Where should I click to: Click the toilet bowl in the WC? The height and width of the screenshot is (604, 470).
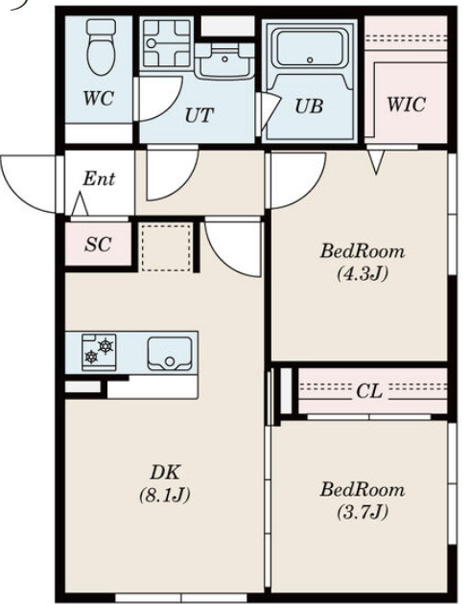[102, 47]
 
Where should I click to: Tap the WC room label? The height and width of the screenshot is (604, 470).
[99, 98]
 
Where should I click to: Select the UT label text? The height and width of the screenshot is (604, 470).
[200, 115]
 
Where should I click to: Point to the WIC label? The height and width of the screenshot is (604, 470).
[407, 105]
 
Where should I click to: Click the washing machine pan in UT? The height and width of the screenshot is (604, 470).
[167, 43]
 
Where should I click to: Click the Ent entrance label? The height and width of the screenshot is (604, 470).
[99, 178]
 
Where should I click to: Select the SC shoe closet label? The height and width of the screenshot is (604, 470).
[98, 244]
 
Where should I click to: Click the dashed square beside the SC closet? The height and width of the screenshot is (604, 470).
[166, 247]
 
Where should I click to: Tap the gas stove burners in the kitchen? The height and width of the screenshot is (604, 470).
[99, 352]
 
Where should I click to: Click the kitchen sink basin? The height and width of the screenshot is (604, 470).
[170, 354]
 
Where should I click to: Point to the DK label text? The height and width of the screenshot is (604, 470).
[165, 473]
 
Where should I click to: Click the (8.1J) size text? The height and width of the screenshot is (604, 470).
[165, 495]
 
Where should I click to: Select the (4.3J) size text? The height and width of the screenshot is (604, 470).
[363, 274]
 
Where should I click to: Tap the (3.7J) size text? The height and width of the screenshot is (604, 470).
[363, 512]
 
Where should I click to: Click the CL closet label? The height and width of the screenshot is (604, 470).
[369, 391]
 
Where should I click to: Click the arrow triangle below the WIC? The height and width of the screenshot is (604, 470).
[376, 162]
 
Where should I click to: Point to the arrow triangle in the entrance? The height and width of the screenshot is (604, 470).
[80, 204]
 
